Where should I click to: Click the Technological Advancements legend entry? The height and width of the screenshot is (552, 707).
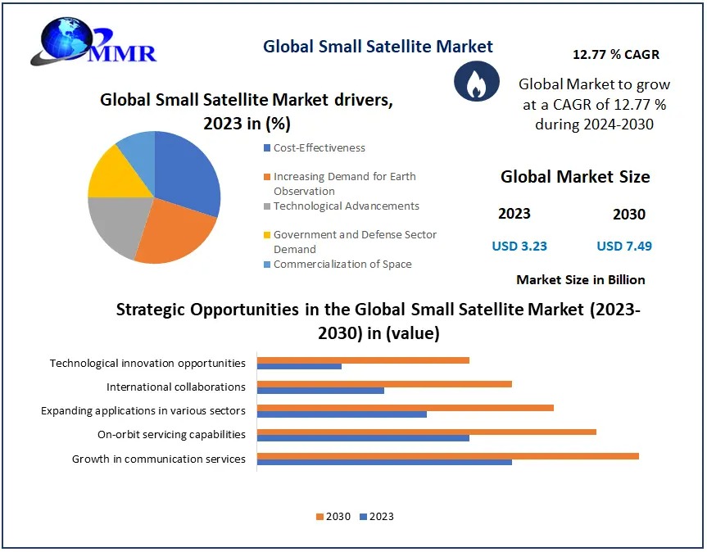[x=346, y=206]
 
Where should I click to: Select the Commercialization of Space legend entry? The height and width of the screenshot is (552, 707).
[x=342, y=265]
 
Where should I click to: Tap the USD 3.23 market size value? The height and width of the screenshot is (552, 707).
[x=519, y=246]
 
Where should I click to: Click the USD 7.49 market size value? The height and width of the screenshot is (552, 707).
[x=624, y=246]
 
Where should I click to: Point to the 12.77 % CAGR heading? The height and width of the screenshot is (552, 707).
[x=615, y=55]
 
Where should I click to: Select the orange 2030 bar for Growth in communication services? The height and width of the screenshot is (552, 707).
[x=447, y=456]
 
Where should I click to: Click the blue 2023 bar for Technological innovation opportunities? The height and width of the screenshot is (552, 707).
[x=299, y=366]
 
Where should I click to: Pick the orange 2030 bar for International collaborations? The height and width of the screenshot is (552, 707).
[x=384, y=383]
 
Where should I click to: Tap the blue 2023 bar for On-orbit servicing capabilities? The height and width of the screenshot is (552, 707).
[x=363, y=438]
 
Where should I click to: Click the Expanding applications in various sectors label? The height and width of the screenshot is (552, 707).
[x=143, y=410]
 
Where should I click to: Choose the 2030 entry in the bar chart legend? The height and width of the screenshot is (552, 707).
[x=333, y=517]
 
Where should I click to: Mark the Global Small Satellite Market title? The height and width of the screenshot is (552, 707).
[x=378, y=47]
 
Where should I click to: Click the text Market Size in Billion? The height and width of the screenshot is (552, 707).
[x=580, y=280]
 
